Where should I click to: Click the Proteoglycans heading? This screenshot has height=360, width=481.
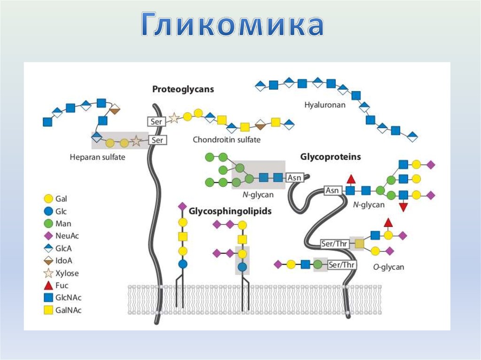tap(183, 89)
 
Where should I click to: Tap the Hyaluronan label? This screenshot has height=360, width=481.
tap(324, 105)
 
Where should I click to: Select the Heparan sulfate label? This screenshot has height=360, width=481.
tap(97, 157)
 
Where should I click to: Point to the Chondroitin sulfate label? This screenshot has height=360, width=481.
tap(226, 140)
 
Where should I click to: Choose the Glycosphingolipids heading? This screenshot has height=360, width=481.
tap(230, 211)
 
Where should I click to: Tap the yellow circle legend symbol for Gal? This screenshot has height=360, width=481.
tap(47, 199)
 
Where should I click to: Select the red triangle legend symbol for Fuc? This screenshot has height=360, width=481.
tap(47, 285)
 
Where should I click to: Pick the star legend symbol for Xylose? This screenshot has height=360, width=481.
tap(47, 273)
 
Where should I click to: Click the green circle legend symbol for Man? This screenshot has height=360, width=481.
tap(47, 224)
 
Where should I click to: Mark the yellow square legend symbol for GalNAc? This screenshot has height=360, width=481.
tap(47, 310)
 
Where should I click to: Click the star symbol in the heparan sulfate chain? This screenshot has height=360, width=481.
tap(136, 140)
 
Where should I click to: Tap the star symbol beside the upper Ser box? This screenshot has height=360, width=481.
tap(174, 118)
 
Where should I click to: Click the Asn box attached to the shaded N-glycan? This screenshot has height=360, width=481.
tap(295, 177)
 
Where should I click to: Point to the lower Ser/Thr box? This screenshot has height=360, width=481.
tap(341, 265)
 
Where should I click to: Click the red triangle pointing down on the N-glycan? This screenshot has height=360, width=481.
tap(403, 207)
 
